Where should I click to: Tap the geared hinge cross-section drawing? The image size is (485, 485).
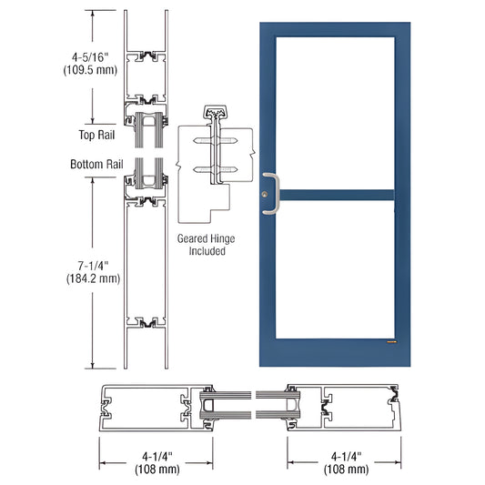(215, 168)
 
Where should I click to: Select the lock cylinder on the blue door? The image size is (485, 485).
(265, 194)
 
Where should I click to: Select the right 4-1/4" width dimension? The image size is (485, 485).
(345, 456)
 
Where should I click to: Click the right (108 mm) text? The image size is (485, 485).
(345, 470)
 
